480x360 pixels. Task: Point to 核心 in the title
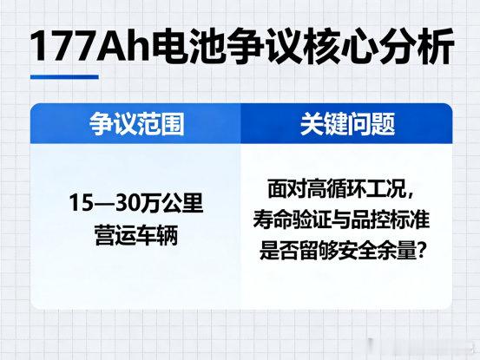pos(339,46)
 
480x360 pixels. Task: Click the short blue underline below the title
pos(64,77)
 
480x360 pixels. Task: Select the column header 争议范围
pos(137,124)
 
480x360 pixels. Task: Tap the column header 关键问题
pos(347,124)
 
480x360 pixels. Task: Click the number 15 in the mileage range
pos(81,203)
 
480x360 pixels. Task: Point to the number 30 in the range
pos(128,203)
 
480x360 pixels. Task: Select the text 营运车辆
pos(136,235)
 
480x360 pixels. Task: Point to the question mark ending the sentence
pos(423,251)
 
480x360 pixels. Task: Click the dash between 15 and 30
pos(104,203)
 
